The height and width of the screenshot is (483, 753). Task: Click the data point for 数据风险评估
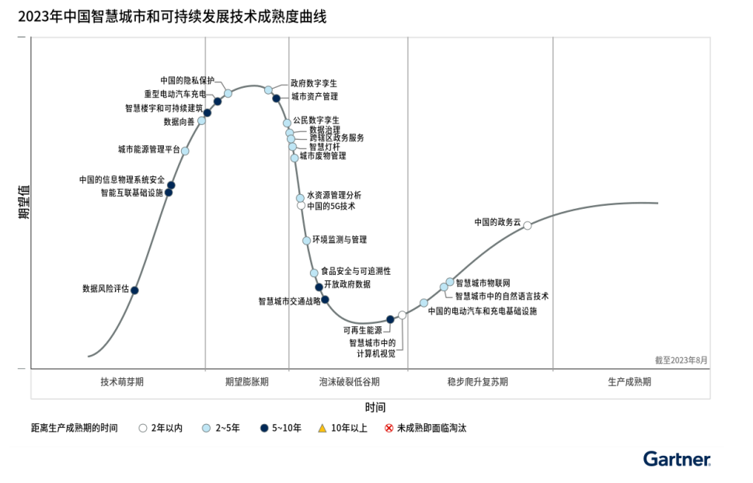pos(134,290)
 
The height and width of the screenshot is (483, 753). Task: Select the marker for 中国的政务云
pos(528,225)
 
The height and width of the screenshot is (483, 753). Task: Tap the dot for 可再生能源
pos(390,319)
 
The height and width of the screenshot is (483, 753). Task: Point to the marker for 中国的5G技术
pos(301,206)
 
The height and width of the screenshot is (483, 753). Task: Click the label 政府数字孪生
pos(314,83)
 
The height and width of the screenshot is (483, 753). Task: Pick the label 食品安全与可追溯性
pos(356,271)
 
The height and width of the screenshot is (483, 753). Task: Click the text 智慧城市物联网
pos(483,282)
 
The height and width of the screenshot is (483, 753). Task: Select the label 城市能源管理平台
pos(149,149)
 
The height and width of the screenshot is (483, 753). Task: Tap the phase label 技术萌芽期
pos(122,382)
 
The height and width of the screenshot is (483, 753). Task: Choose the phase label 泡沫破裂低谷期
pos(350,382)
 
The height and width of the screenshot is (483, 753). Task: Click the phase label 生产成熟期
pos(629,382)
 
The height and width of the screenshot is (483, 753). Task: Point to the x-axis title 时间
pos(375,407)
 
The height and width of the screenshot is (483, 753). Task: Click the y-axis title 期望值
pos(23,202)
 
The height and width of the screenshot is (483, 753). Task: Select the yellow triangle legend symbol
pos(322,428)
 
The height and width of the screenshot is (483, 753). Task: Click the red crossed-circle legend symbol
pos(389,428)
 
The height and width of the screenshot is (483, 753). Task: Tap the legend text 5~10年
pos(286,428)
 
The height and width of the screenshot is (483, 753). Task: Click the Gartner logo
pos(676,459)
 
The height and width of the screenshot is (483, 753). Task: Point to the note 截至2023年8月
pos(682,360)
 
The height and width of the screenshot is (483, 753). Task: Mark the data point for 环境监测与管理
pos(307,241)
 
